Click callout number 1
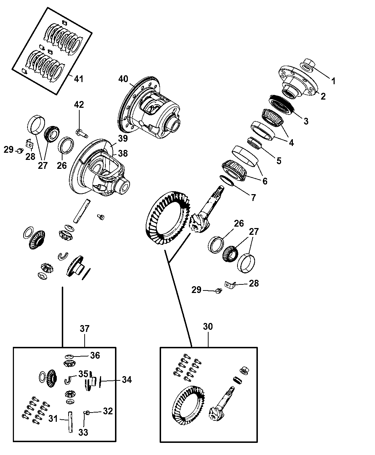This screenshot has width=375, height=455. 333,81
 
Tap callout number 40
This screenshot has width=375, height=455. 123,79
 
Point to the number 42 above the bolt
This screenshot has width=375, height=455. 79,105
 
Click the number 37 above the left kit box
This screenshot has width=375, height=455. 85,328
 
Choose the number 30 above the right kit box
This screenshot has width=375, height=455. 208,327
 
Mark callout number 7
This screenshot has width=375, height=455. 253,198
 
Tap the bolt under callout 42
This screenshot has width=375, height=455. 81,133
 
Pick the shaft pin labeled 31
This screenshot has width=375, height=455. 70,422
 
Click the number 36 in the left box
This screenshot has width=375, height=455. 95,355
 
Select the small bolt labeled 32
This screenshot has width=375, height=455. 87,413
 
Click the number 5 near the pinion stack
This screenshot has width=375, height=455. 278,161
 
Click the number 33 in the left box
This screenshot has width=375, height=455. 83,433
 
